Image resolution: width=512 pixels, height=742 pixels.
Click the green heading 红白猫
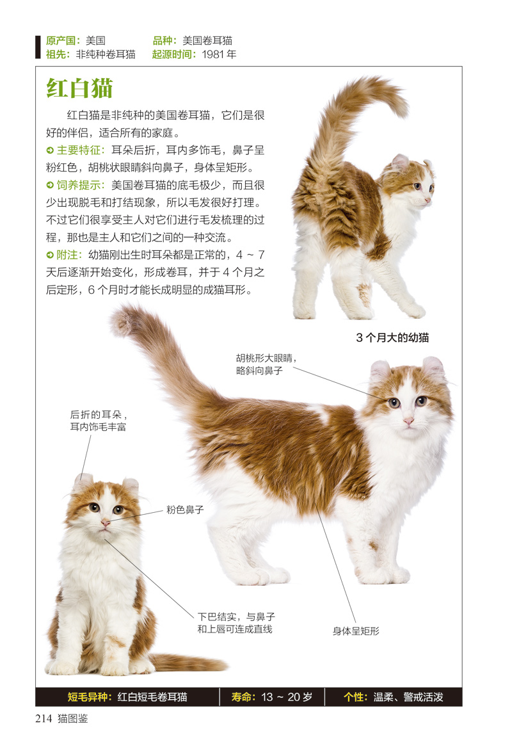(x=79, y=88)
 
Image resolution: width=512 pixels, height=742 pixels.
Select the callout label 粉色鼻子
(x=185, y=510)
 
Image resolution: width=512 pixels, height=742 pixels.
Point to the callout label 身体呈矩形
(x=356, y=631)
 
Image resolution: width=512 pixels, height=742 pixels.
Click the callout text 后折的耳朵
(x=99, y=414)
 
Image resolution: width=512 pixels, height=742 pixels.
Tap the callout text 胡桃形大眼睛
(x=267, y=359)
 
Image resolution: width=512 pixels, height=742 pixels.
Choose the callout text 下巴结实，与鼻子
(x=236, y=617)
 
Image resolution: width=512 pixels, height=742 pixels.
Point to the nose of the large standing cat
(x=408, y=421)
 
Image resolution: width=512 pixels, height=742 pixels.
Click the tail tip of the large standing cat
(x=122, y=318)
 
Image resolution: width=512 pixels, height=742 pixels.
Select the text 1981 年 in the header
(x=219, y=54)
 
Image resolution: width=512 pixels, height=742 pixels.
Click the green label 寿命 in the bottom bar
(x=244, y=697)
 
